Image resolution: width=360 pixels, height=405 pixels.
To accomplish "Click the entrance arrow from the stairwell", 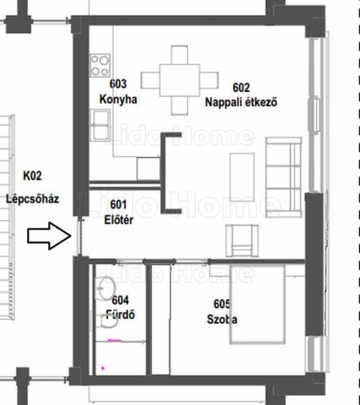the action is (49, 235).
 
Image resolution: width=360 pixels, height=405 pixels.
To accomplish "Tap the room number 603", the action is (118, 84).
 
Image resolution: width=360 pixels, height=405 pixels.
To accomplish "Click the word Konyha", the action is (118, 100).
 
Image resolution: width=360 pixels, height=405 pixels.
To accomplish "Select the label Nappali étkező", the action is (241, 102).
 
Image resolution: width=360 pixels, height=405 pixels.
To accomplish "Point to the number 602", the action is (241, 88).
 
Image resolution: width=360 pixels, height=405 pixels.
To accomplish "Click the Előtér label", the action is (119, 220).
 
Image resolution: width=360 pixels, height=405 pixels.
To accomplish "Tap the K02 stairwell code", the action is (32, 175).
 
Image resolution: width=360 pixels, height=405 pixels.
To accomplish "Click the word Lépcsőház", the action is (33, 199).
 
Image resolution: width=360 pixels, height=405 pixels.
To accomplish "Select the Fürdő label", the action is (121, 315).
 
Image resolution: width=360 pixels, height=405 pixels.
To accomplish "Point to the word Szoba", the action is (222, 320).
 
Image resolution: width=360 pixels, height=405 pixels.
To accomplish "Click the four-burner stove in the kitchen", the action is (100, 65).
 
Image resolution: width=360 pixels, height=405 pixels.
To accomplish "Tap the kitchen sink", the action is (100, 125).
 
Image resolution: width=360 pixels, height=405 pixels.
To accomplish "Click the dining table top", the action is (180, 80).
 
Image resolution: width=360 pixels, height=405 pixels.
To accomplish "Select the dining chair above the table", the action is (180, 55).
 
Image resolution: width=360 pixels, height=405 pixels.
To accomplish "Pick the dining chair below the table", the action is (180, 105).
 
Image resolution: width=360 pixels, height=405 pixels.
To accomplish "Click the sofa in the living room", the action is (284, 177).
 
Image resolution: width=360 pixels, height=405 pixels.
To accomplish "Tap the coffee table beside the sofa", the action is (242, 177).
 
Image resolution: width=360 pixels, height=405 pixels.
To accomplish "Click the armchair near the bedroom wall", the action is (242, 241).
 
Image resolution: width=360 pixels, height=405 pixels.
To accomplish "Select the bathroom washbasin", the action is (106, 288).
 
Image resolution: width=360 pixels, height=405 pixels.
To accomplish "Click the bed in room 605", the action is (257, 305).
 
